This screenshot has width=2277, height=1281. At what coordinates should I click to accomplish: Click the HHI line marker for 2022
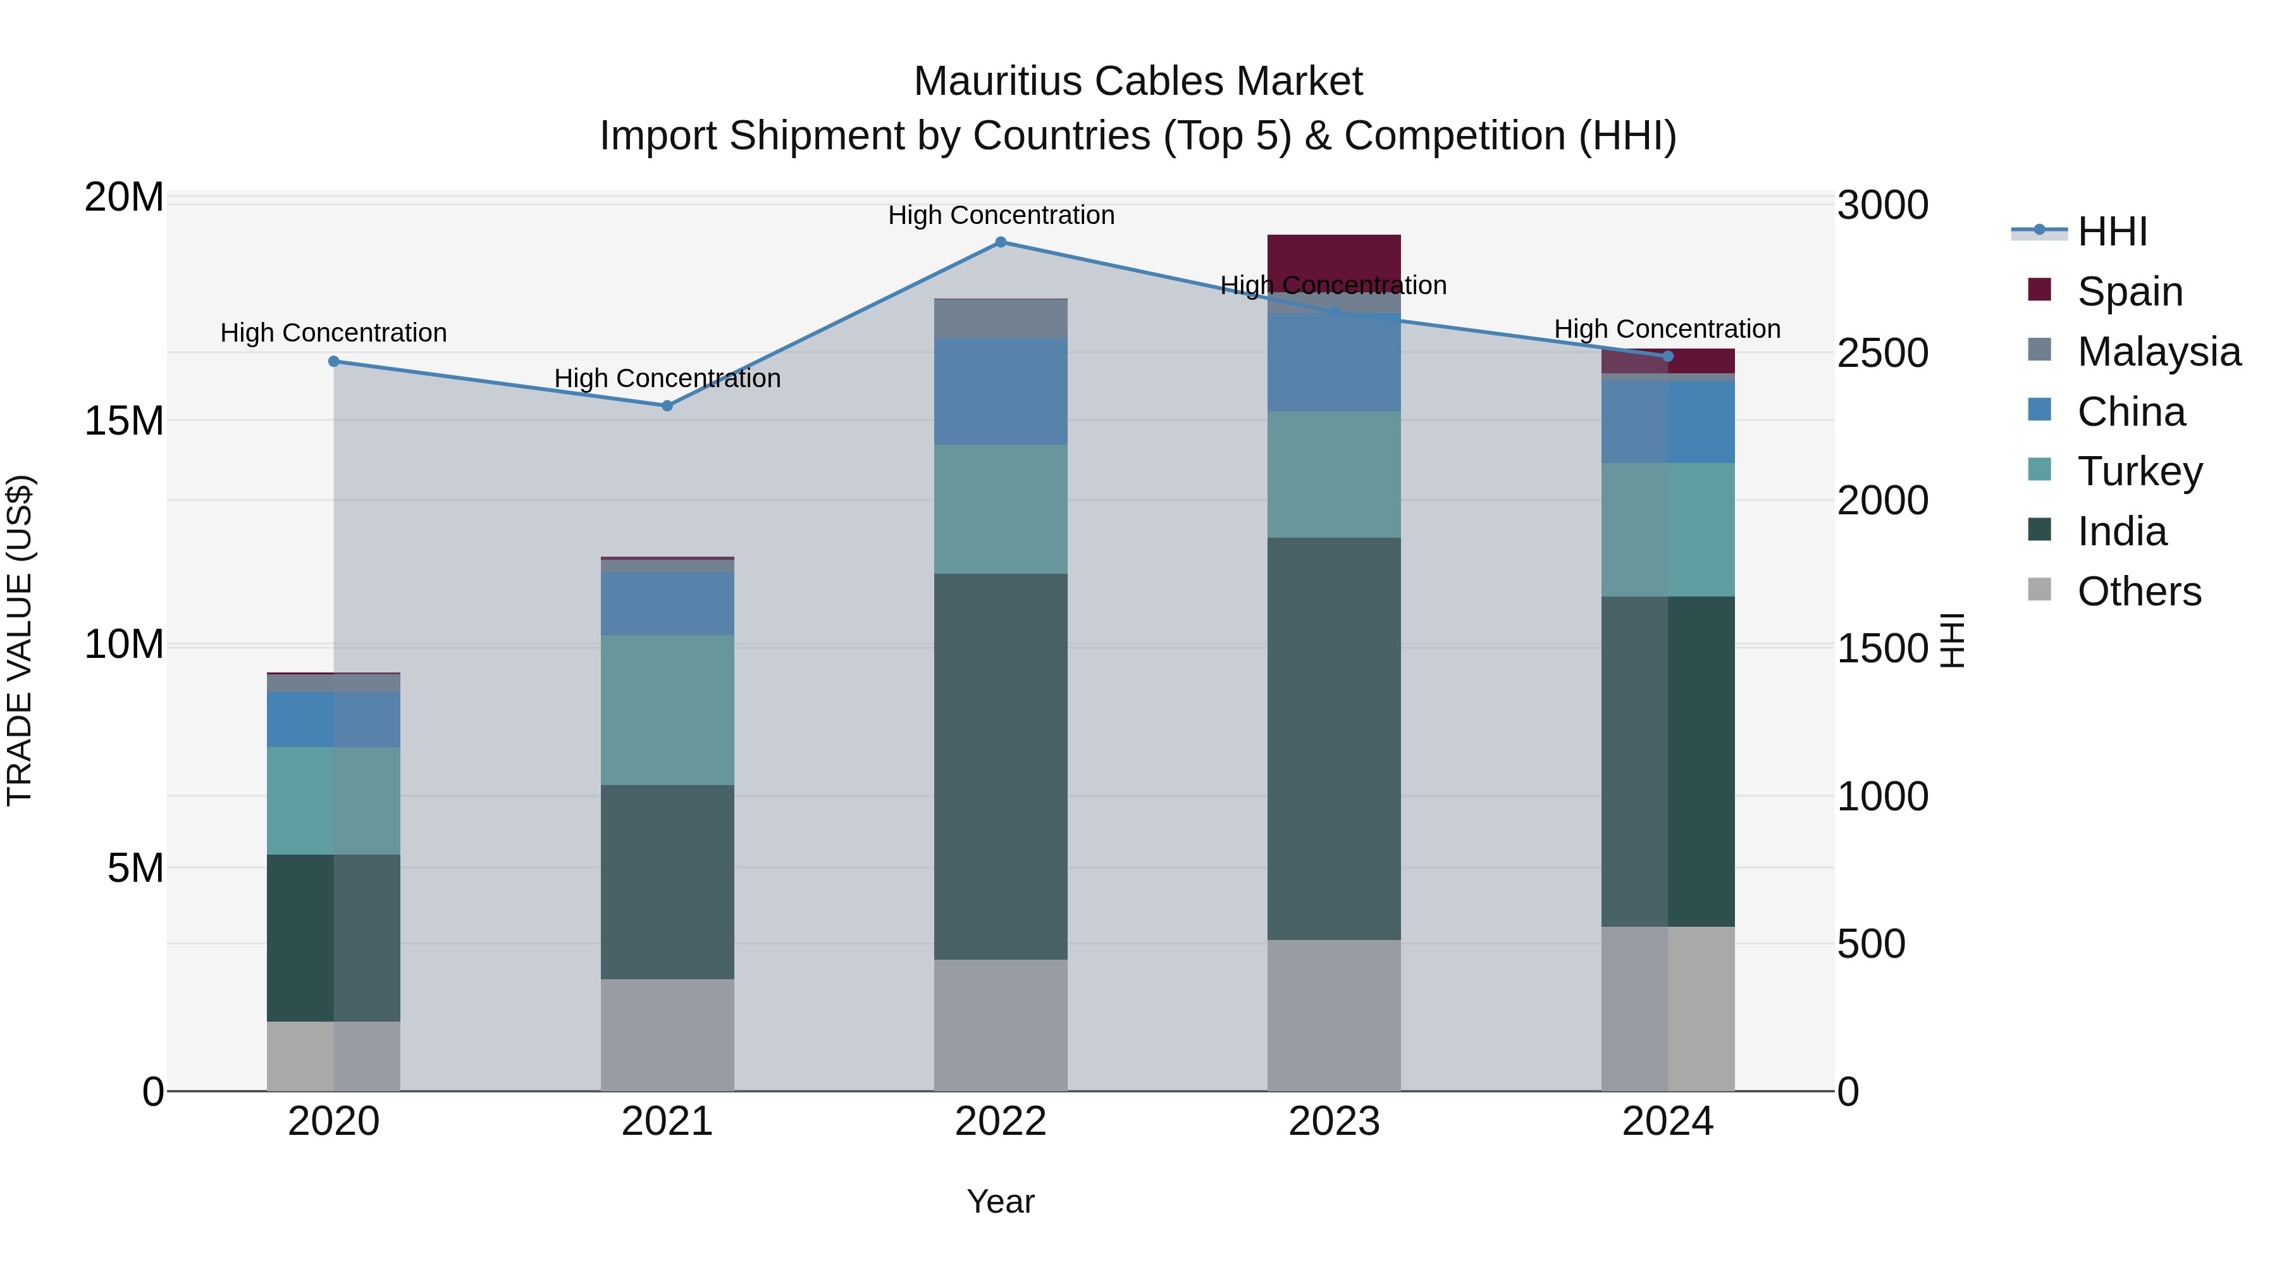pyautogui.click(x=1001, y=242)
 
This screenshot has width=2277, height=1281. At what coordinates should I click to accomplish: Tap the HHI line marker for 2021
pyautogui.click(x=667, y=405)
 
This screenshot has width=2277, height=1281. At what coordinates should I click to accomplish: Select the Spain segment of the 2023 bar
pyautogui.click(x=1334, y=263)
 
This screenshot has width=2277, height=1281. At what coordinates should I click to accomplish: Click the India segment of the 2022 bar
pyautogui.click(x=1001, y=767)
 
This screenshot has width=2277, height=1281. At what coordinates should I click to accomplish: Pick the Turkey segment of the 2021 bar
pyautogui.click(x=667, y=710)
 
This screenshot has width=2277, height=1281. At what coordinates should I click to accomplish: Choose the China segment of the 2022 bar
pyautogui.click(x=1001, y=391)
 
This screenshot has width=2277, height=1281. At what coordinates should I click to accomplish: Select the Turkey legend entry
pyautogui.click(x=2139, y=471)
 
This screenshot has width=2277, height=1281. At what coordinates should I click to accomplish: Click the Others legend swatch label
pyautogui.click(x=2139, y=591)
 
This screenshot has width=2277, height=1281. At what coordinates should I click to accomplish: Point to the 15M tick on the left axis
pyautogui.click(x=124, y=421)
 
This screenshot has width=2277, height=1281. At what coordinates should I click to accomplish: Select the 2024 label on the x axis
pyautogui.click(x=1667, y=1122)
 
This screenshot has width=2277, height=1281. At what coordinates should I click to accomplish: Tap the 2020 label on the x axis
pyautogui.click(x=333, y=1122)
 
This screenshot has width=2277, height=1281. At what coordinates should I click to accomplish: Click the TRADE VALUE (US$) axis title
pyautogui.click(x=20, y=640)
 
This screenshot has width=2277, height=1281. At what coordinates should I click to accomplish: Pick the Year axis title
pyautogui.click(x=1001, y=1201)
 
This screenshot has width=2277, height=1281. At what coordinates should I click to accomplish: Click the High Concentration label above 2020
pyautogui.click(x=333, y=333)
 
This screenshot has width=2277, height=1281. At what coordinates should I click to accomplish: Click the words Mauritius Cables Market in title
pyautogui.click(x=1138, y=82)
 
